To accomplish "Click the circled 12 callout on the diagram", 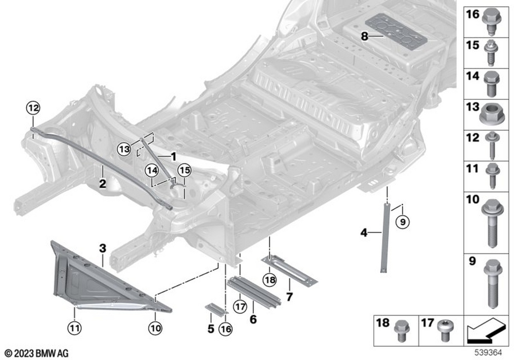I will (33, 108).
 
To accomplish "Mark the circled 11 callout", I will (75, 326).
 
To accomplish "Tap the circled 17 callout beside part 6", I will (238, 306).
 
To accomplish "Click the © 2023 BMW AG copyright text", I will (37, 353).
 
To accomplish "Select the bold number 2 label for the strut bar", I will (102, 183).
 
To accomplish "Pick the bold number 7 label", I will (289, 297).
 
